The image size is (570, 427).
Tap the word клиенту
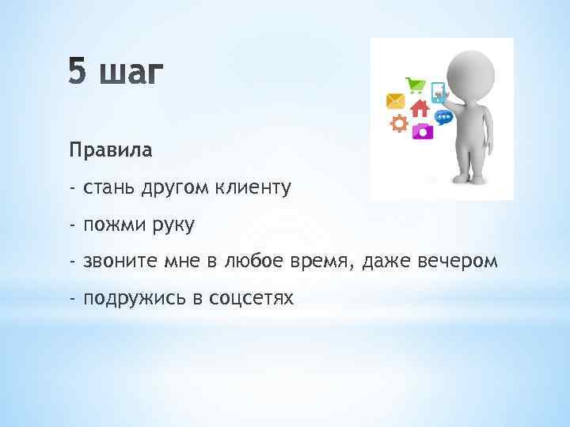click(250, 187)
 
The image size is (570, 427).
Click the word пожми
click(109, 225)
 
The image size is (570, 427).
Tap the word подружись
click(131, 298)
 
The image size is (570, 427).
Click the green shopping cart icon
click(414, 85)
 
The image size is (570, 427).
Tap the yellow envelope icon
click(395, 100)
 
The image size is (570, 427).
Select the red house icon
click(419, 108)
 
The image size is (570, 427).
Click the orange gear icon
click(399, 123)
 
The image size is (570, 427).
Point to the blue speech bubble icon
click(444, 117)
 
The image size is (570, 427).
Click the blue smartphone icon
click(437, 91)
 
